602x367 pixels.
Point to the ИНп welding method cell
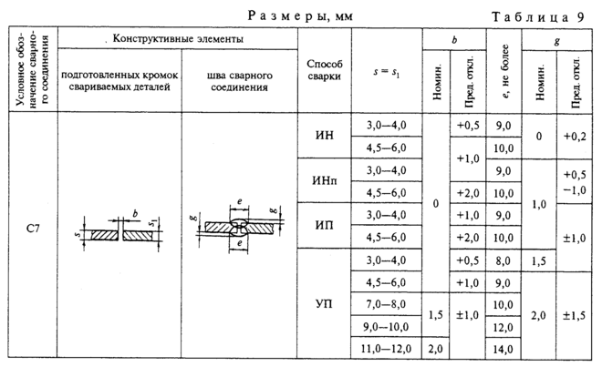[324, 180]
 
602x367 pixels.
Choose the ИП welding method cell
[324, 225]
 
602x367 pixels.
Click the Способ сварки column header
[324, 71]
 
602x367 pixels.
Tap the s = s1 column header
[386, 71]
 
